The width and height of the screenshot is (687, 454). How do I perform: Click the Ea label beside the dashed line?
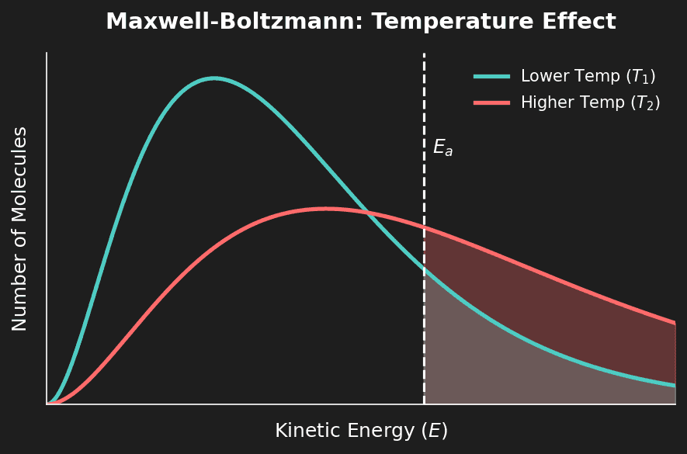[x=442, y=147]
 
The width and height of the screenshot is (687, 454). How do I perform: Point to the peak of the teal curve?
[x=214, y=78]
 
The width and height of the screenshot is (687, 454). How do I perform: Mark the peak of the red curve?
[x=326, y=208]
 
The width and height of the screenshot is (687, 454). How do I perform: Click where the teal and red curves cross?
[x=366, y=213]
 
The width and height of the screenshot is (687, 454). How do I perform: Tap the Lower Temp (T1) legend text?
[x=588, y=76]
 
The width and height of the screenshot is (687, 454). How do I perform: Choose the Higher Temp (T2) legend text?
[x=590, y=102]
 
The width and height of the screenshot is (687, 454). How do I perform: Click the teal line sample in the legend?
[x=491, y=76]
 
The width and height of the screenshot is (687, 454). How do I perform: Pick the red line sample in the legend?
[x=491, y=102]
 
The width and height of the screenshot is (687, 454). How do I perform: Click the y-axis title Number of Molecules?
[x=19, y=229]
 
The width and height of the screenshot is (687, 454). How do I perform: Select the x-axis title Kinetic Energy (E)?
[x=361, y=431]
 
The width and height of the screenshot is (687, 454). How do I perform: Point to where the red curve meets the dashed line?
[x=424, y=227]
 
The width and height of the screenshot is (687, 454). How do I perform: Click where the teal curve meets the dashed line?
[x=424, y=269]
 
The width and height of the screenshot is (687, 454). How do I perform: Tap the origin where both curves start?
[x=48, y=404]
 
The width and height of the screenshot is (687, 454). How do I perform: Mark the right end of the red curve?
[x=675, y=324]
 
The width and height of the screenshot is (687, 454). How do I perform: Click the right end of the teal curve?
[x=675, y=385]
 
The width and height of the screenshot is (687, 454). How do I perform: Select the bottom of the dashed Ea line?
[x=424, y=403]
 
